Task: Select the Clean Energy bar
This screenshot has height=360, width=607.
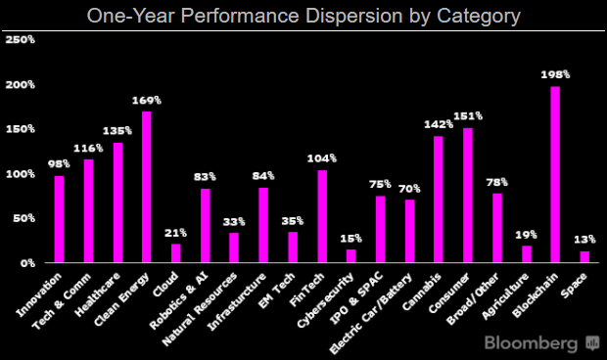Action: (x=147, y=187)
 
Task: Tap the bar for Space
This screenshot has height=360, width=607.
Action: (x=584, y=256)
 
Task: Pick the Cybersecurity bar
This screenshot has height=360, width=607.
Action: (x=351, y=255)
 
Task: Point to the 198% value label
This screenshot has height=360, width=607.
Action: (x=555, y=74)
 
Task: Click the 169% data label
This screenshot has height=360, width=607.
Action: (x=147, y=100)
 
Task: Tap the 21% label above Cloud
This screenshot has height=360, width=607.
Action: (x=176, y=232)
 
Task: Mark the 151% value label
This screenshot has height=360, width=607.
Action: (x=468, y=116)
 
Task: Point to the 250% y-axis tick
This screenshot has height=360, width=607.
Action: (x=21, y=40)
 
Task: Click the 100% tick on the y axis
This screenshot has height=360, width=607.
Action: (x=21, y=174)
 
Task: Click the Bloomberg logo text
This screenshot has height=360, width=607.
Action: (x=533, y=342)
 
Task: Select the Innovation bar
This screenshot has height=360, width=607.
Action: (x=59, y=219)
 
